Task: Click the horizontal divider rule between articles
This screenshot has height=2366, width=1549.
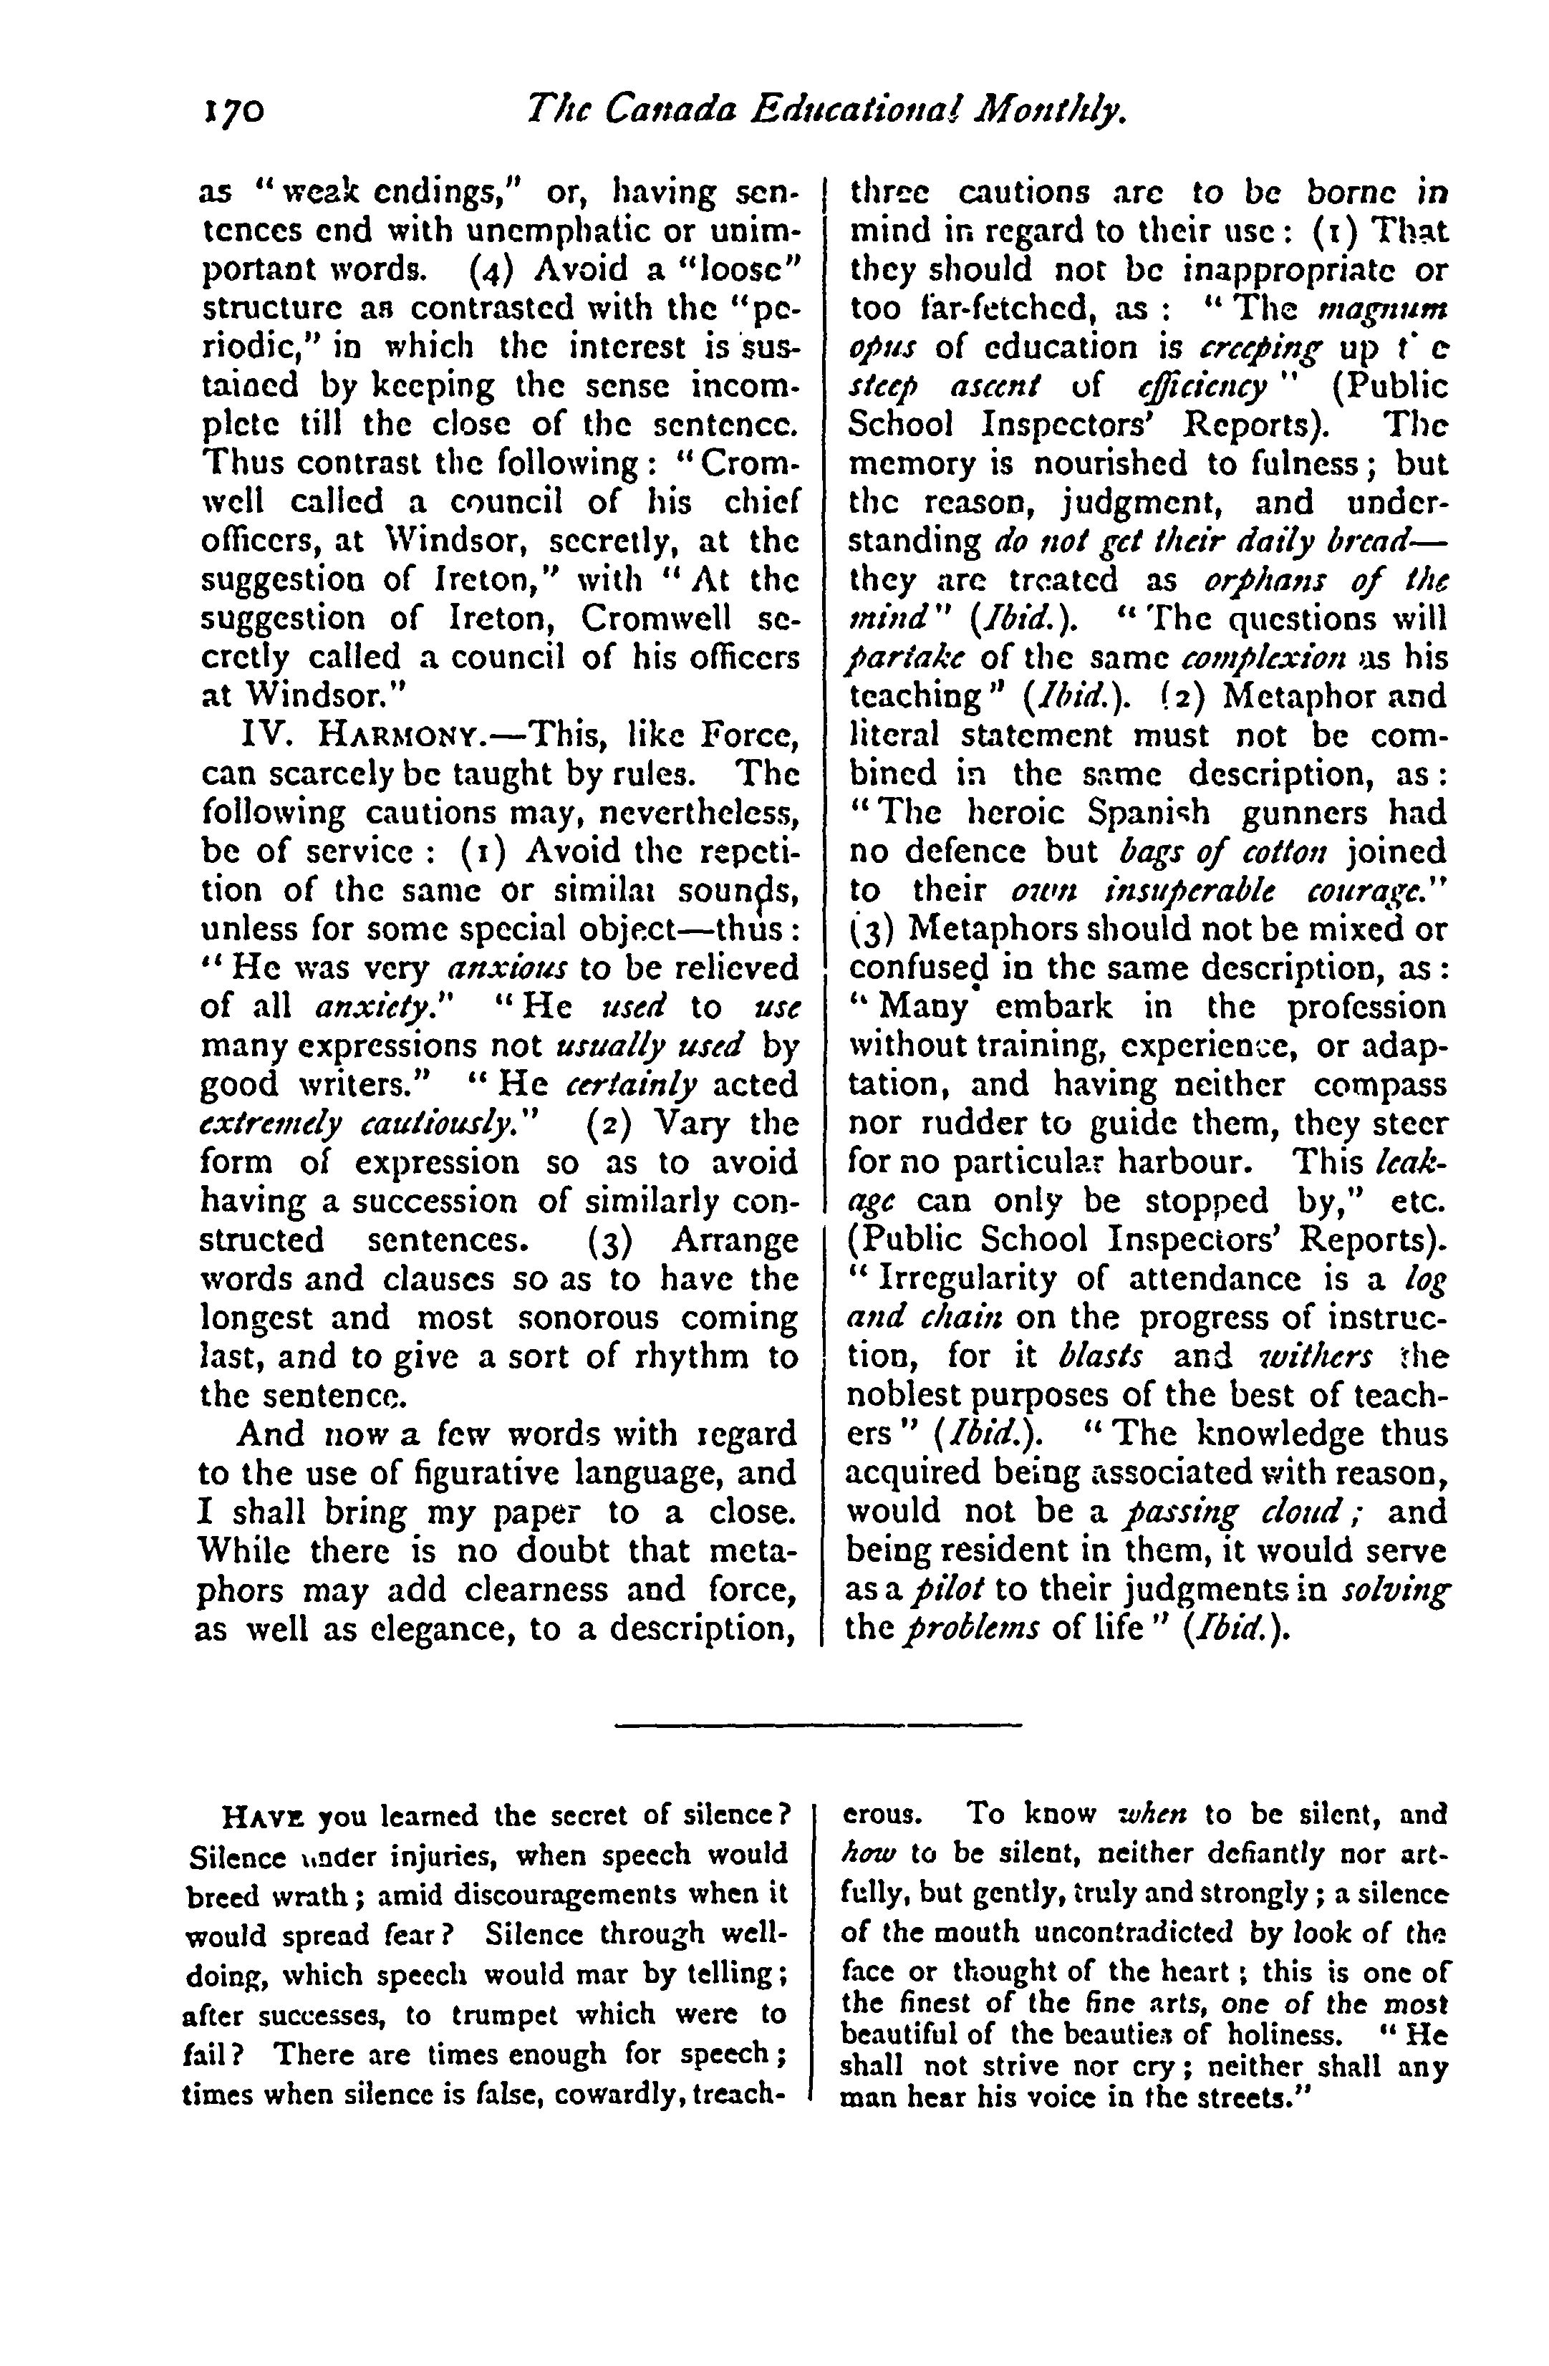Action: (819, 1724)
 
